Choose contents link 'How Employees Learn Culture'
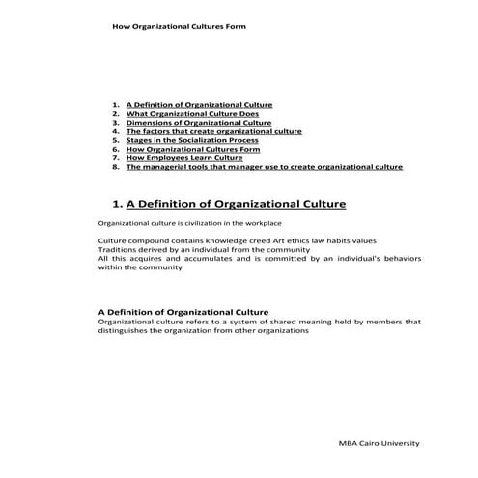[x=183, y=158]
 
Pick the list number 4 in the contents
[x=115, y=131]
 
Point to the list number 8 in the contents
[x=115, y=167]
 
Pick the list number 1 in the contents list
[x=115, y=104]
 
